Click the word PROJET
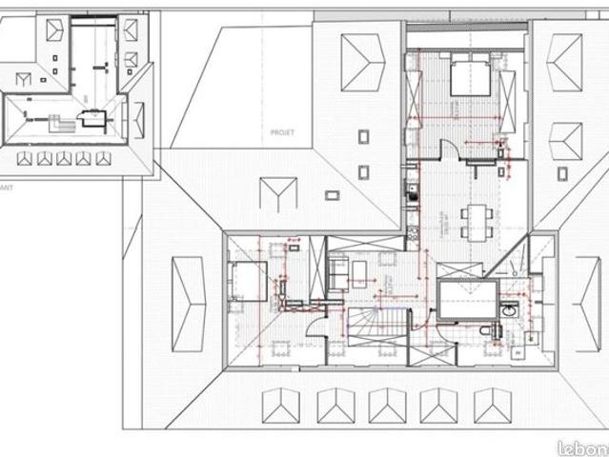pos(281,132)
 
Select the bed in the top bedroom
pos(469,76)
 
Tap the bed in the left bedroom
pos(246,281)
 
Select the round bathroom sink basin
pos(511,310)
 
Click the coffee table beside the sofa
pos(358,273)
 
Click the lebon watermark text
pos(582,447)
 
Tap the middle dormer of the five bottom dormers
pos(387,405)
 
